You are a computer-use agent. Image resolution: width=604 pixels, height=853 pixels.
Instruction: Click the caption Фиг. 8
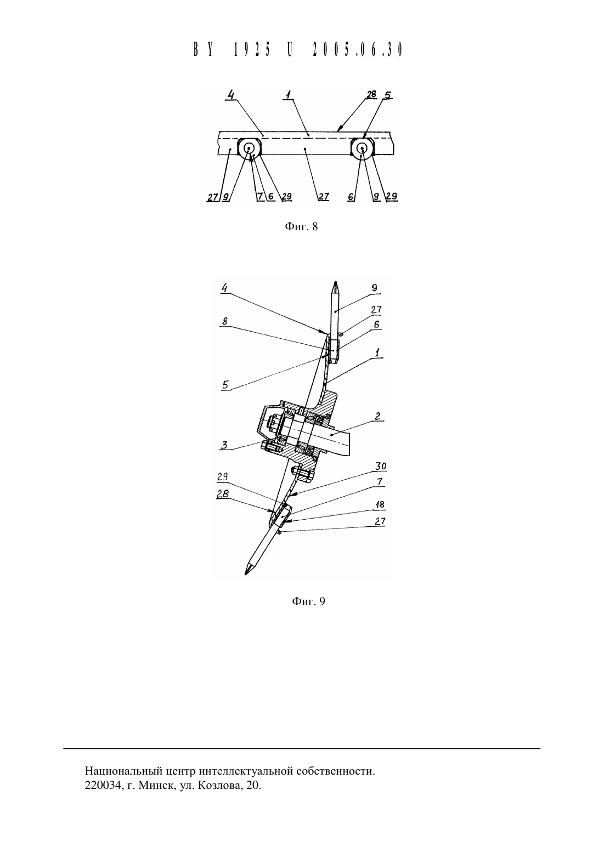tap(301, 227)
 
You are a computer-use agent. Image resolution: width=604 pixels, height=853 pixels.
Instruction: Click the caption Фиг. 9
tap(308, 601)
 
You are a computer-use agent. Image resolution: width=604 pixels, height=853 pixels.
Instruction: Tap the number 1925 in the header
tap(252, 50)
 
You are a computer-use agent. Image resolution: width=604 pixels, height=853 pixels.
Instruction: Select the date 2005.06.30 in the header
tap(358, 50)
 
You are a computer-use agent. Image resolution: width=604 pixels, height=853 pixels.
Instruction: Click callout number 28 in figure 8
tap(371, 94)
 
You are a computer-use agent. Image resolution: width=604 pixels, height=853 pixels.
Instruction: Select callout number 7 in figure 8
tap(260, 196)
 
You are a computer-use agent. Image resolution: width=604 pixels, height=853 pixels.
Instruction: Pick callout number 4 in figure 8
tap(230, 94)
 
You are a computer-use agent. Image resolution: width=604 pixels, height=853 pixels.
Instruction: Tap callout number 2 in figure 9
tap(377, 416)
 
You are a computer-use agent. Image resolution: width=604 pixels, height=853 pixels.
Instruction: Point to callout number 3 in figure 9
tap(224, 445)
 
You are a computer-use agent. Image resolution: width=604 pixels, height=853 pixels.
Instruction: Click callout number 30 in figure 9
tap(381, 467)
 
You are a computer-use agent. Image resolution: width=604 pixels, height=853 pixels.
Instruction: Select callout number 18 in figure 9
tap(380, 505)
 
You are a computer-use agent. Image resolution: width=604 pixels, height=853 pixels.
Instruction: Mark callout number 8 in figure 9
tap(225, 321)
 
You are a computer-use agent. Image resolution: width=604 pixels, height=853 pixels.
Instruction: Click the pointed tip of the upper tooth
tap(335, 282)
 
